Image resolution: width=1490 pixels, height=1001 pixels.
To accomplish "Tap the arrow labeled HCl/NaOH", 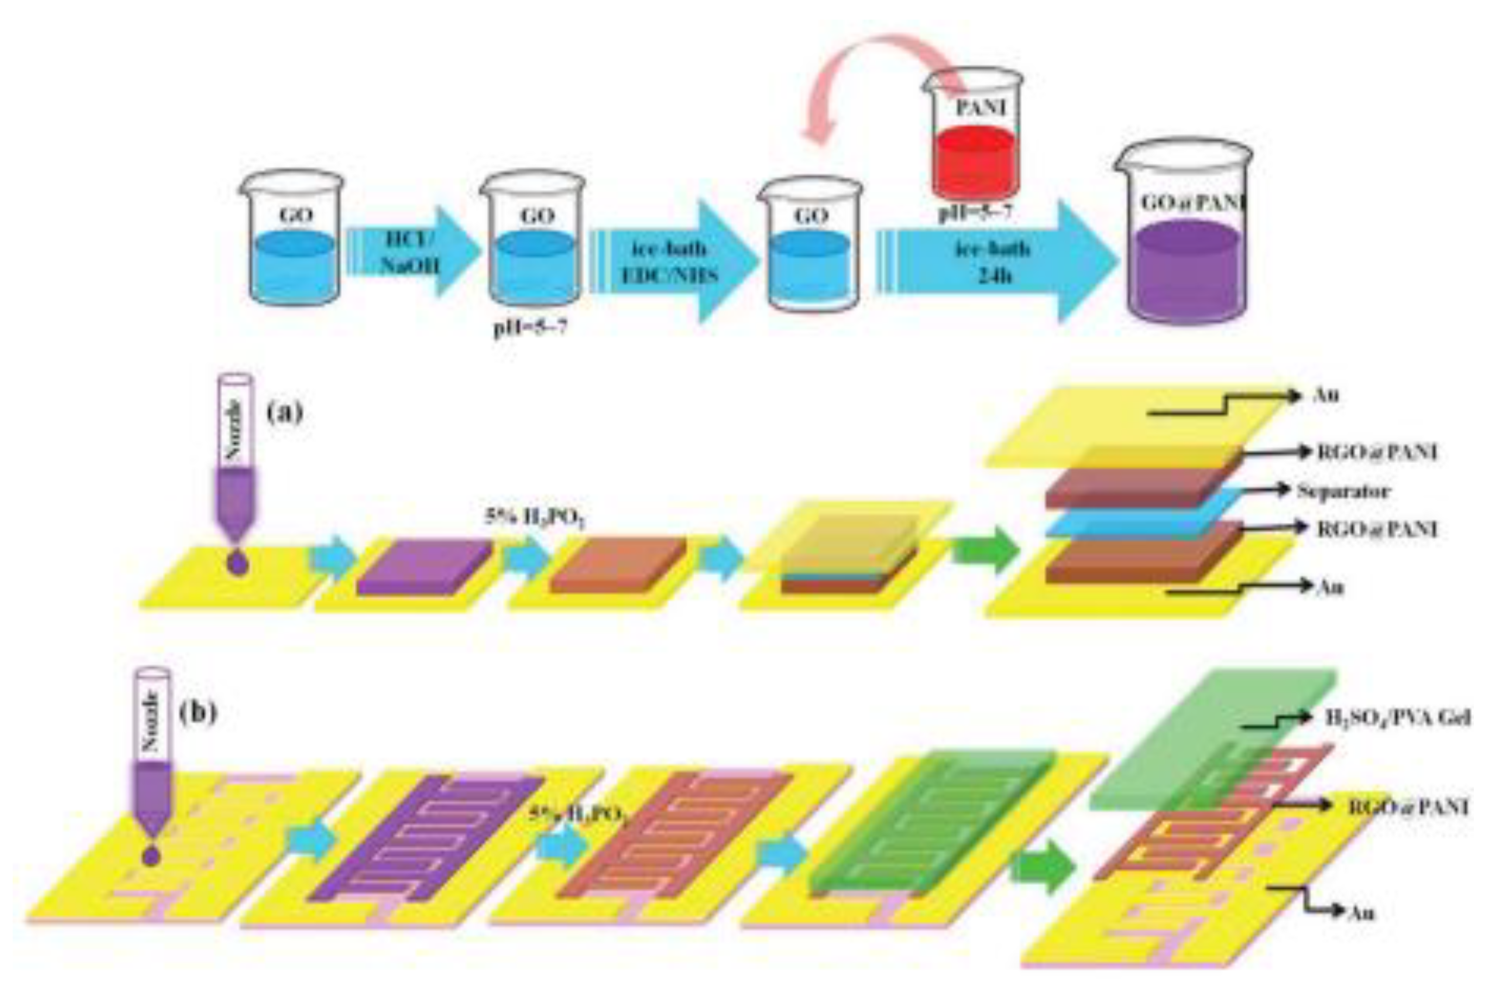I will click(412, 252).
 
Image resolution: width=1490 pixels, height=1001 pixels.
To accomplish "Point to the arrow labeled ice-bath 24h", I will click(993, 262).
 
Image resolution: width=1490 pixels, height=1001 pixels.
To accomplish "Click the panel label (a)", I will click(285, 412).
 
